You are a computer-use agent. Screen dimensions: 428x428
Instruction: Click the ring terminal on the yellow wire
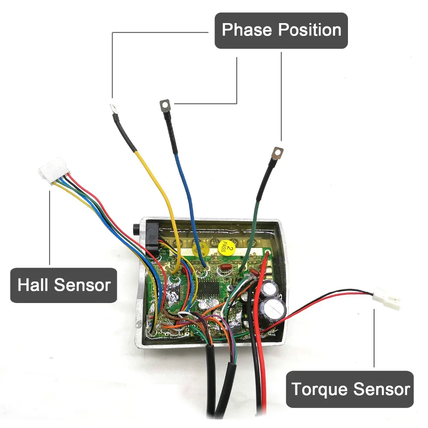[x=114, y=108]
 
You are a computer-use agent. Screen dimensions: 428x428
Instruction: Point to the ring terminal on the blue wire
[x=165, y=104]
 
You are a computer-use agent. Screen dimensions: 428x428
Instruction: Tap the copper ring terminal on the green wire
[x=278, y=152]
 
